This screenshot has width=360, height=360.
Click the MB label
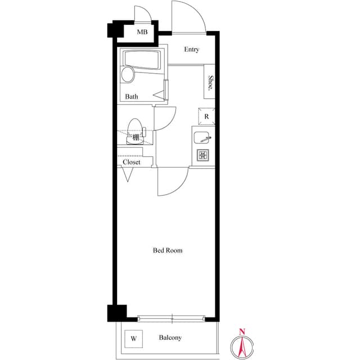click(x=142, y=32)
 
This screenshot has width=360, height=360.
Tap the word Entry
click(x=191, y=49)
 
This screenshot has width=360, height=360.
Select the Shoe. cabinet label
click(x=210, y=83)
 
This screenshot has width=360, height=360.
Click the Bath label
click(x=132, y=96)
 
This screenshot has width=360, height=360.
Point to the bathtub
click(x=142, y=60)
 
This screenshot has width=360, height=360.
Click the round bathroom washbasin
click(x=128, y=74)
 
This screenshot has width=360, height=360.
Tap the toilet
click(x=136, y=131)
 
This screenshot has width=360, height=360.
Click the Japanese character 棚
click(x=136, y=137)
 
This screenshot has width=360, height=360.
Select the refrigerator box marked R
click(x=206, y=116)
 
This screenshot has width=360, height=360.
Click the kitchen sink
click(x=201, y=137)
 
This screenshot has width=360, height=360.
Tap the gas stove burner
click(x=203, y=155)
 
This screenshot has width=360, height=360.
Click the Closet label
click(x=131, y=162)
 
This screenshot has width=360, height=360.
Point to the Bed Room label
click(x=168, y=250)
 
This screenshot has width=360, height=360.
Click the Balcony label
click(x=170, y=337)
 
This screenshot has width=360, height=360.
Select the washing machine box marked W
click(x=134, y=339)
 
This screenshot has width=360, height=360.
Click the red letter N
click(x=242, y=331)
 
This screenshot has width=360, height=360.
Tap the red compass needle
click(x=242, y=347)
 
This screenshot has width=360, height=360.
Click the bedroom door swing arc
click(x=182, y=188)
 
